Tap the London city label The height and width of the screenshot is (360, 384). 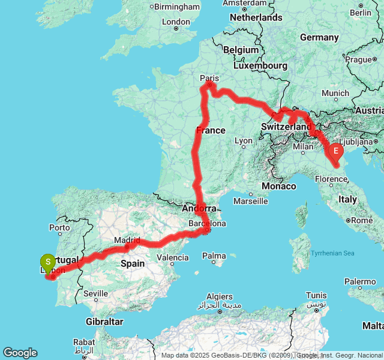pos(176,22)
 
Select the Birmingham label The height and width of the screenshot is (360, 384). pos(177,7)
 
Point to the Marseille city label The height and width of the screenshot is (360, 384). pos(250,200)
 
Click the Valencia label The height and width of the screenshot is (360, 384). pos(173,257)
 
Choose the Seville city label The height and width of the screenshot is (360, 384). pos(96,293)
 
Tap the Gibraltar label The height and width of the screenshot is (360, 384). pos(104,322)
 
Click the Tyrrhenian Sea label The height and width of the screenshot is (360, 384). pos(332,253)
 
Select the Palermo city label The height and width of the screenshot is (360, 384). pos(360,281)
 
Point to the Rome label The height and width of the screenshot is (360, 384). pos(362,220)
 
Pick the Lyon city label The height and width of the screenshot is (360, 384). pos(244,141)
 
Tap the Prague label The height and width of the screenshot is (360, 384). pos(359,59)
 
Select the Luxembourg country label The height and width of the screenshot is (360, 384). pos(259,65)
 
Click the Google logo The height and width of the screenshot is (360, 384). pos(20,353)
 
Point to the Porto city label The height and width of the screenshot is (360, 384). pos(60,228)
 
